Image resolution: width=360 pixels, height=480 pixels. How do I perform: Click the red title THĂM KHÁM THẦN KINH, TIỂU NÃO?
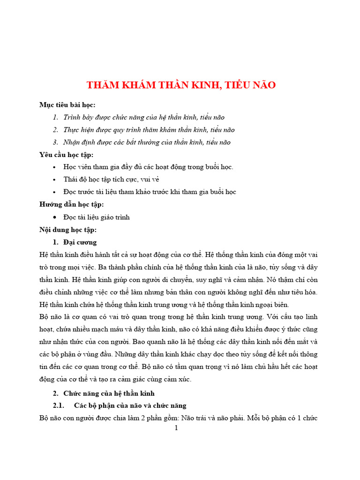(181, 85)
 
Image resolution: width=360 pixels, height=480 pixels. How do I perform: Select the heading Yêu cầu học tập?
(67, 155)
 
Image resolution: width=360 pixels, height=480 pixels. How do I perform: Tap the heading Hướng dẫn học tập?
(72, 204)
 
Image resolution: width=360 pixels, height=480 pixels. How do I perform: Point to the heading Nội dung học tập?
(68, 230)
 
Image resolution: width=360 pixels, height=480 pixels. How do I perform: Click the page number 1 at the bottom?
(176, 428)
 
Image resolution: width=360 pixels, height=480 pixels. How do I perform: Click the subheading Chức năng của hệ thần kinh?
(109, 393)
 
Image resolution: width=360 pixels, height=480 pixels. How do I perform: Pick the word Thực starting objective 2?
(71, 130)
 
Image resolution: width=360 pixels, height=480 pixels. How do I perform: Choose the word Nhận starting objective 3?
(72, 142)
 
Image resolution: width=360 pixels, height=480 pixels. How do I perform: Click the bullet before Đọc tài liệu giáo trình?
(55, 217)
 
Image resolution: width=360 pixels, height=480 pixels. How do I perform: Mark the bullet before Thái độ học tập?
(55, 180)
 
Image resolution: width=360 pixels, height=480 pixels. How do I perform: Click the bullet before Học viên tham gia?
(55, 167)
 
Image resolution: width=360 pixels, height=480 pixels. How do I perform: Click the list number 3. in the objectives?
(55, 142)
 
